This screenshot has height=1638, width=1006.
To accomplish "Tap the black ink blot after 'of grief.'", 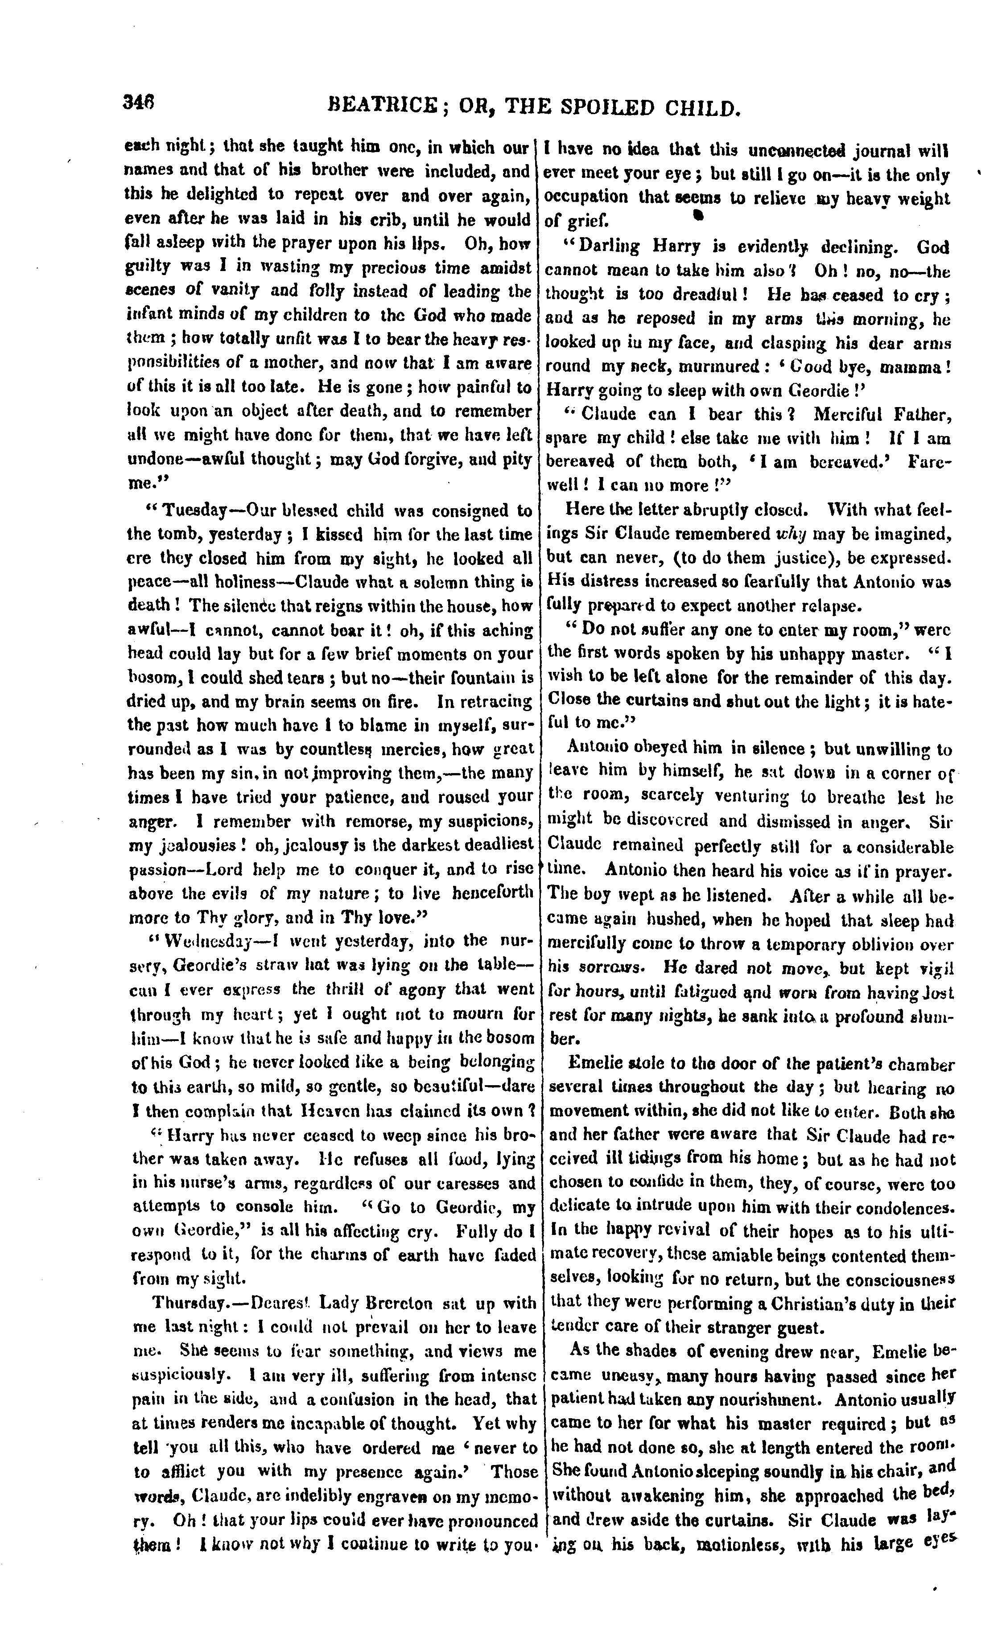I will coord(698,215).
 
